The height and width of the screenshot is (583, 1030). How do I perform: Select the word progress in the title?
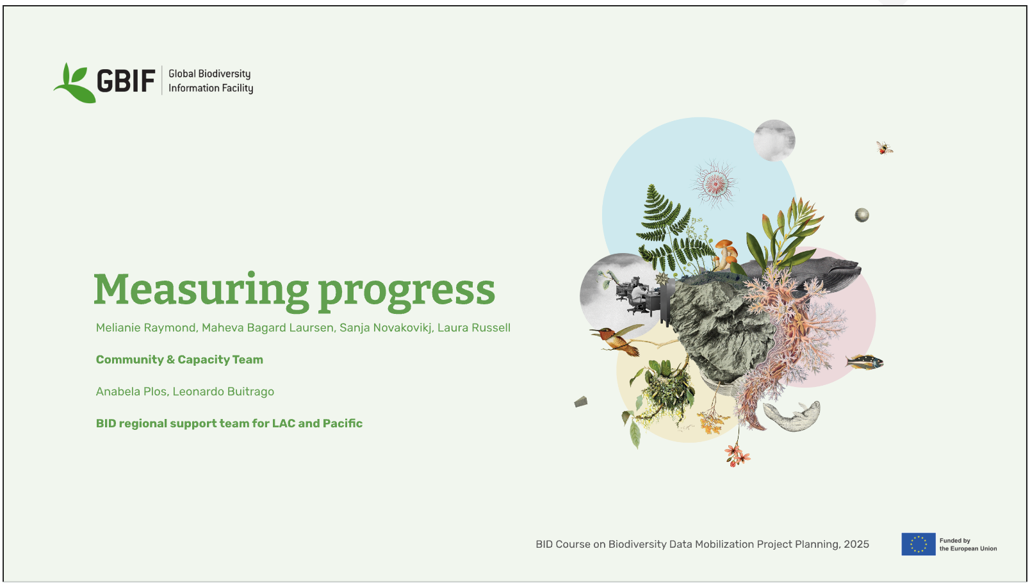pyautogui.click(x=407, y=292)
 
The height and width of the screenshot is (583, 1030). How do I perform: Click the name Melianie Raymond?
pyautogui.click(x=146, y=327)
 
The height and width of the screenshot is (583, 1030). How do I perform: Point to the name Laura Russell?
pyautogui.click(x=473, y=327)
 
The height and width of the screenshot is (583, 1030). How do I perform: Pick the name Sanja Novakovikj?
pyautogui.click(x=386, y=328)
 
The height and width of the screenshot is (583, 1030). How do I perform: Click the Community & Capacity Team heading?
pyautogui.click(x=179, y=359)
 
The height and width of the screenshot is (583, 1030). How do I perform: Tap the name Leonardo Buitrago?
pyautogui.click(x=223, y=391)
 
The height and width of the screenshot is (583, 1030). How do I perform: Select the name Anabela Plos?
pyautogui.click(x=131, y=391)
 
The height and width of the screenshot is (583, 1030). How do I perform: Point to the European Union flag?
pyautogui.click(x=919, y=544)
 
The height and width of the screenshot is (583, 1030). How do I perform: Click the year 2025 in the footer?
pyautogui.click(x=856, y=545)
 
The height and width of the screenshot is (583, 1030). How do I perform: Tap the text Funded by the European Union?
pyautogui.click(x=968, y=545)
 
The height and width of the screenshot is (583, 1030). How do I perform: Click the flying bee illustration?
pyautogui.click(x=884, y=148)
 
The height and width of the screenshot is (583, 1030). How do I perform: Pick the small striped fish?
pyautogui.click(x=865, y=363)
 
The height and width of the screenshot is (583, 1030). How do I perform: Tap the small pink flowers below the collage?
pyautogui.click(x=737, y=455)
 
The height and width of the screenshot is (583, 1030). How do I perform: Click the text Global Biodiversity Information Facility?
pyautogui.click(x=211, y=81)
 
